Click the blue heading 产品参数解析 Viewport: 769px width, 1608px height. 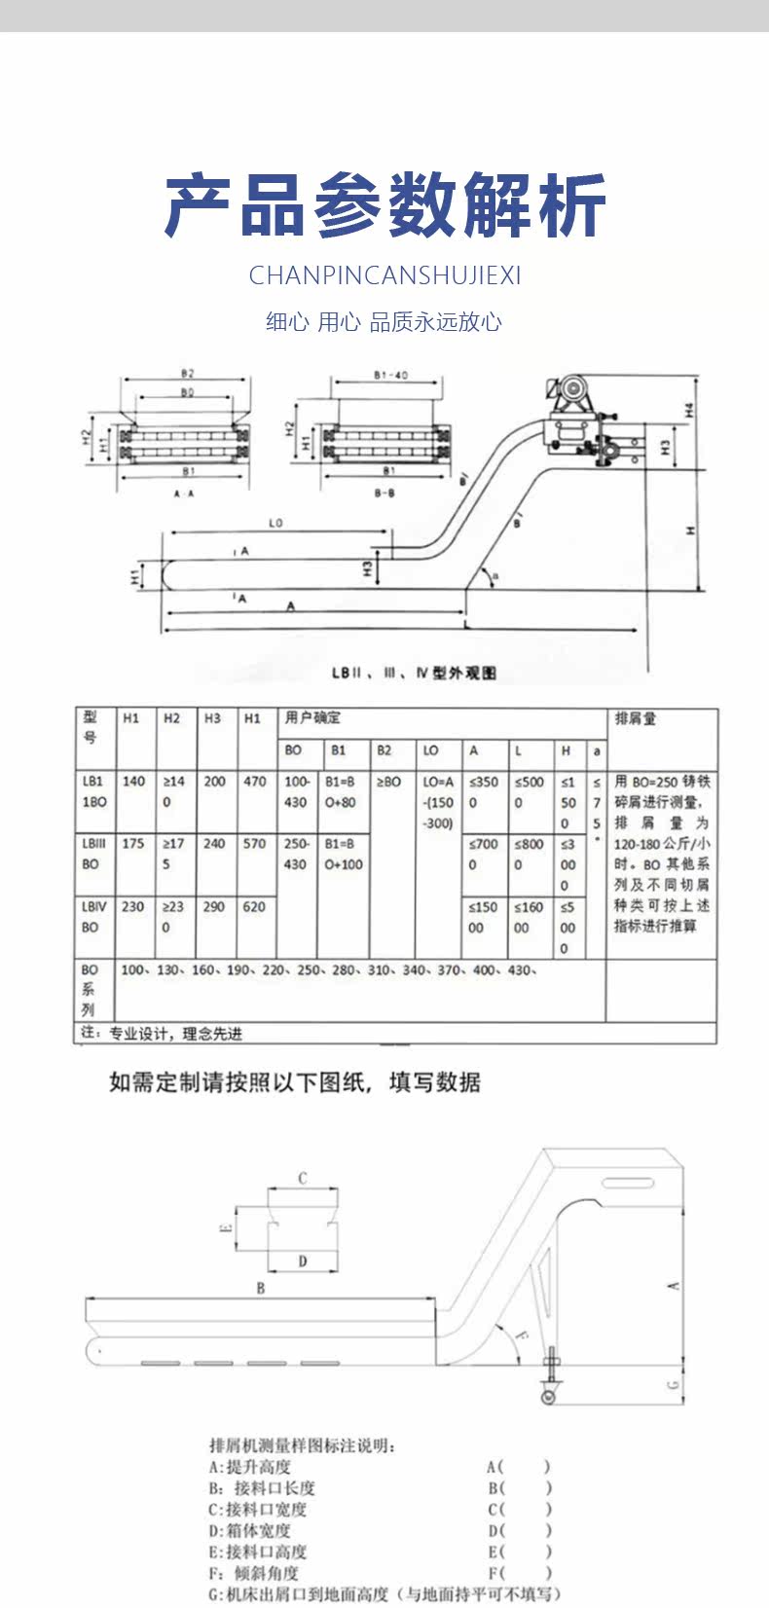pos(385,205)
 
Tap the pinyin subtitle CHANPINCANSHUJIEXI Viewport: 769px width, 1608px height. pos(384,275)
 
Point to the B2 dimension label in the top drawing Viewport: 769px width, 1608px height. pos(187,374)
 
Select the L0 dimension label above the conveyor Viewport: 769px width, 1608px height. pos(275,524)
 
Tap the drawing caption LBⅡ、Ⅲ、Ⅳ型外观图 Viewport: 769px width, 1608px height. pos(414,673)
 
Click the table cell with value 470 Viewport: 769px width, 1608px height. pos(255,781)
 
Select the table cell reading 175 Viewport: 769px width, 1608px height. pos(133,843)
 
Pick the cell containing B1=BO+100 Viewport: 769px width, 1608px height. pos(344,854)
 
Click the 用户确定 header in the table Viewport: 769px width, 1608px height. pos(312,718)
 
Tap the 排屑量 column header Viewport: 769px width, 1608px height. pos(636,718)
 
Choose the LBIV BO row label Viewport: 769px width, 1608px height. pos(93,917)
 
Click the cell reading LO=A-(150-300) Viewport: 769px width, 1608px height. pos(438,802)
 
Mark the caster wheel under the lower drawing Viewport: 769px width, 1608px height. pos(548,1397)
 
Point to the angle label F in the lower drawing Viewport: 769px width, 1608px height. pos(522,1336)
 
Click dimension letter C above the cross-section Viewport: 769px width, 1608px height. pos(303,1178)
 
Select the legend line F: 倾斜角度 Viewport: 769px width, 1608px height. pos(254,1573)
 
